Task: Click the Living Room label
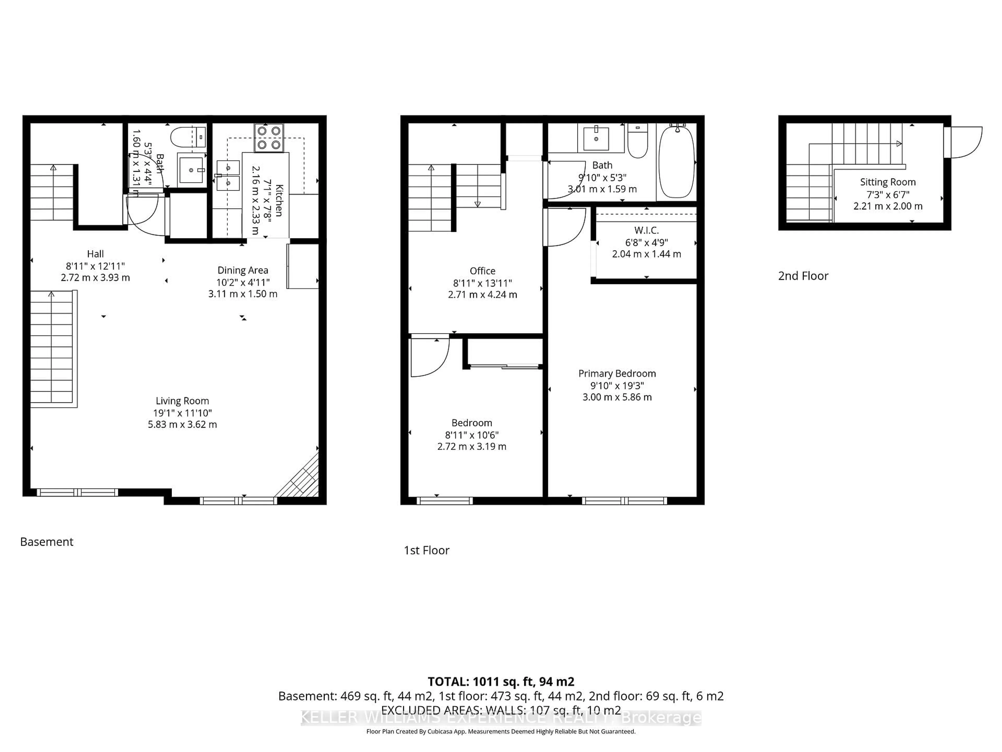tap(182, 401)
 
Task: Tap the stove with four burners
tap(269, 138)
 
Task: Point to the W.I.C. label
tap(646, 230)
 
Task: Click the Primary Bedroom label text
tap(617, 373)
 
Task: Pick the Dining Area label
tap(242, 270)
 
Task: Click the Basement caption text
tap(47, 542)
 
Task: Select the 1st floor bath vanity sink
tap(596, 138)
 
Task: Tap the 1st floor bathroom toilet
tap(637, 142)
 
